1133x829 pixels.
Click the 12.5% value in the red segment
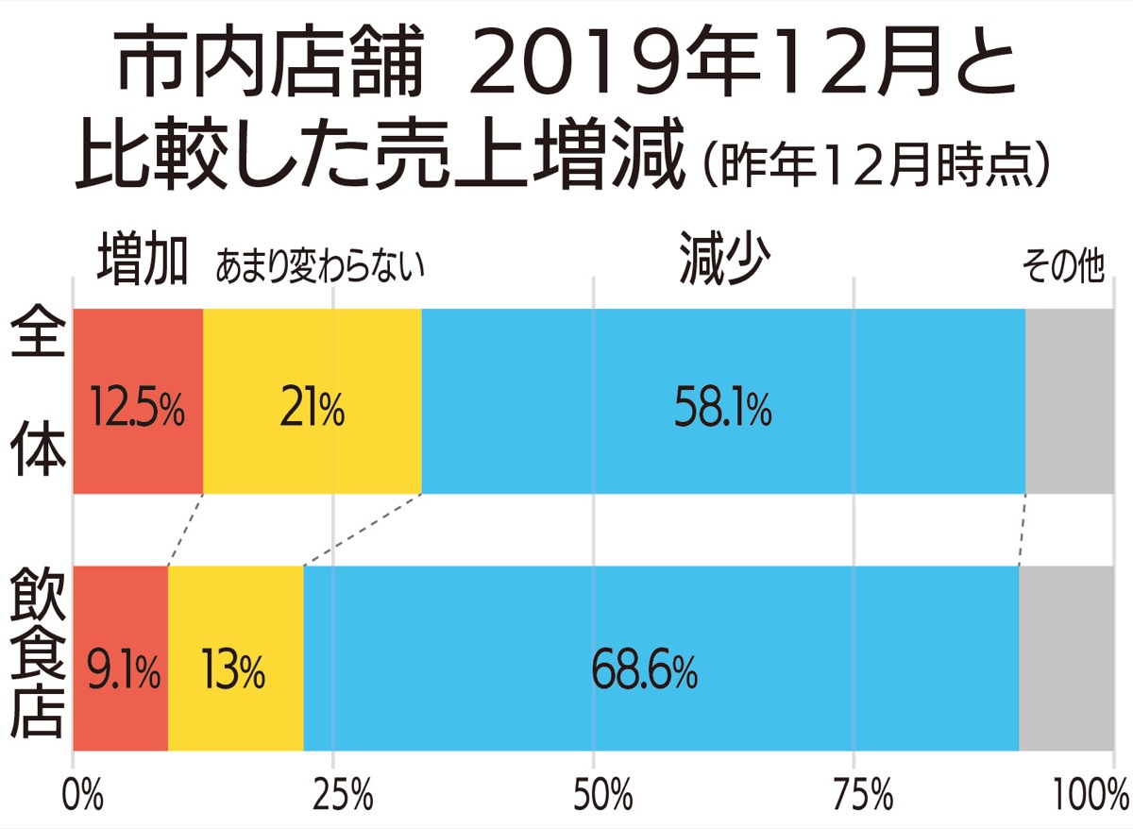click(x=136, y=409)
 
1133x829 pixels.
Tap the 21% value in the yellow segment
click(x=312, y=409)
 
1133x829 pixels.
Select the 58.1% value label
click(x=723, y=409)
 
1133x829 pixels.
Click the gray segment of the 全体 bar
click(x=1069, y=400)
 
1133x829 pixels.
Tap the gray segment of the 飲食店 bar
click(x=1066, y=657)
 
